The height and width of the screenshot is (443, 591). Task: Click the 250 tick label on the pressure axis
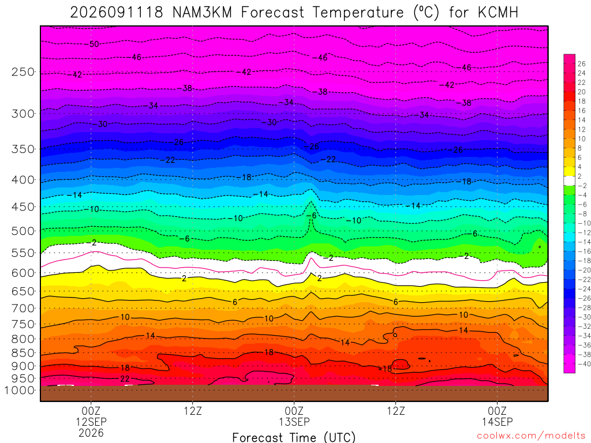23,72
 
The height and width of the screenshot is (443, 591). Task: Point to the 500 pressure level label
23,231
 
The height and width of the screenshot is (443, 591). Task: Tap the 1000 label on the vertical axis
19,391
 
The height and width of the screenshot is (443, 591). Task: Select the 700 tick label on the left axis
23,309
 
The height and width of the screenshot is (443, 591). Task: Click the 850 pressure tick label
23,353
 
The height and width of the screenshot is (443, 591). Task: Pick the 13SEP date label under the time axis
294,422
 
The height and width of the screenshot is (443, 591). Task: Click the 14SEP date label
497,422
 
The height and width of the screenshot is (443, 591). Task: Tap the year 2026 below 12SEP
91,433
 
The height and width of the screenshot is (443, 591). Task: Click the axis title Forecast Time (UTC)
294,437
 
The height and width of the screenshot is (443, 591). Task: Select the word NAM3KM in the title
202,13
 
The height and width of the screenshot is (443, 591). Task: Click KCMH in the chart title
498,13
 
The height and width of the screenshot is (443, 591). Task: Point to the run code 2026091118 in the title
117,13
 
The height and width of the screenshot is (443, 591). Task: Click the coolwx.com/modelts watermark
531,436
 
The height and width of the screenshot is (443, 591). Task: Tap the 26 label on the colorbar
582,63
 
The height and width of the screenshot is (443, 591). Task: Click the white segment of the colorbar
570,181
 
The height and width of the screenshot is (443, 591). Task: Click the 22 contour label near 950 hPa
125,379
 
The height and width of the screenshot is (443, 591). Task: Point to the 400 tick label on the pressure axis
23,180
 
